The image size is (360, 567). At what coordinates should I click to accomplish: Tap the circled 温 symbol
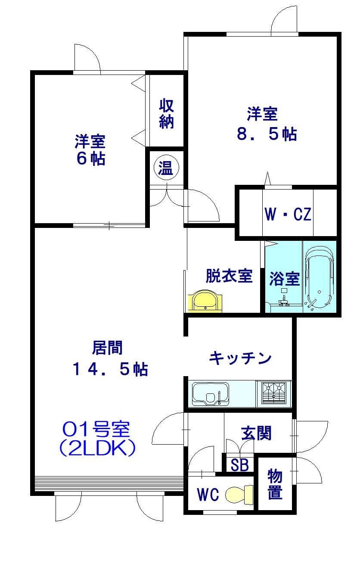[165, 168]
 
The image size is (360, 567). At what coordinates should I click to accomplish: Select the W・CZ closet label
[288, 214]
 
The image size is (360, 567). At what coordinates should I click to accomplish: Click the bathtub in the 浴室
[319, 278]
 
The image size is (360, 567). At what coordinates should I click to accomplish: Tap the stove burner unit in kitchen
[274, 393]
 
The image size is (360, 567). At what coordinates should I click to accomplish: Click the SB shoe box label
[239, 465]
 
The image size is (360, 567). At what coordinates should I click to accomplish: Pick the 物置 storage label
[275, 484]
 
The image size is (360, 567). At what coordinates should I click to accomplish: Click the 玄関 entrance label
[256, 433]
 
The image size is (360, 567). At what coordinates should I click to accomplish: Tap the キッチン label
[240, 358]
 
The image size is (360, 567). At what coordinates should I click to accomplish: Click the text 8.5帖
[267, 134]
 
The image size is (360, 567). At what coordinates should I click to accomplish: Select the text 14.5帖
[110, 369]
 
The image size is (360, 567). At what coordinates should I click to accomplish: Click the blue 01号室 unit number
[96, 429]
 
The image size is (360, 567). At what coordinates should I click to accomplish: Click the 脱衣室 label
[229, 276]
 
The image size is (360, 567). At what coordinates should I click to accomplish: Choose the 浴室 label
[284, 279]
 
